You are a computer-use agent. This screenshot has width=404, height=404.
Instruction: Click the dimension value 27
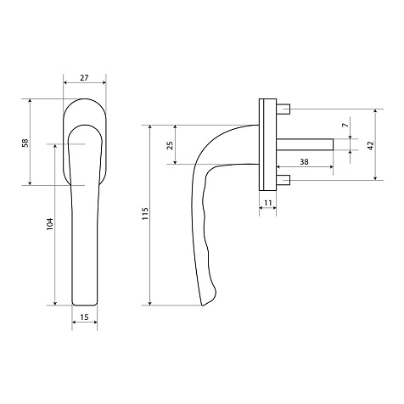84,77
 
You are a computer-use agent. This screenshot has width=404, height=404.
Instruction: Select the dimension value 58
25,143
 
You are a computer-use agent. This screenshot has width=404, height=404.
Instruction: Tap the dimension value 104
49,223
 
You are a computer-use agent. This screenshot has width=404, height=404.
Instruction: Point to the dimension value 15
84,317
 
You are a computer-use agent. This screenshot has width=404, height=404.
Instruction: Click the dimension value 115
145,214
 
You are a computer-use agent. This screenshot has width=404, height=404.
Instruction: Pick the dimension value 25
170,145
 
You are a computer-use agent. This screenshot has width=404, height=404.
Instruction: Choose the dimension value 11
268,203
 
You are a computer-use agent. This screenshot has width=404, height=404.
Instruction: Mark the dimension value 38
304,162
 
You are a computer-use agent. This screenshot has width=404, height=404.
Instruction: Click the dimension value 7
345,125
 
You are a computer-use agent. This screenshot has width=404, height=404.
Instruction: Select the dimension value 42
370,145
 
